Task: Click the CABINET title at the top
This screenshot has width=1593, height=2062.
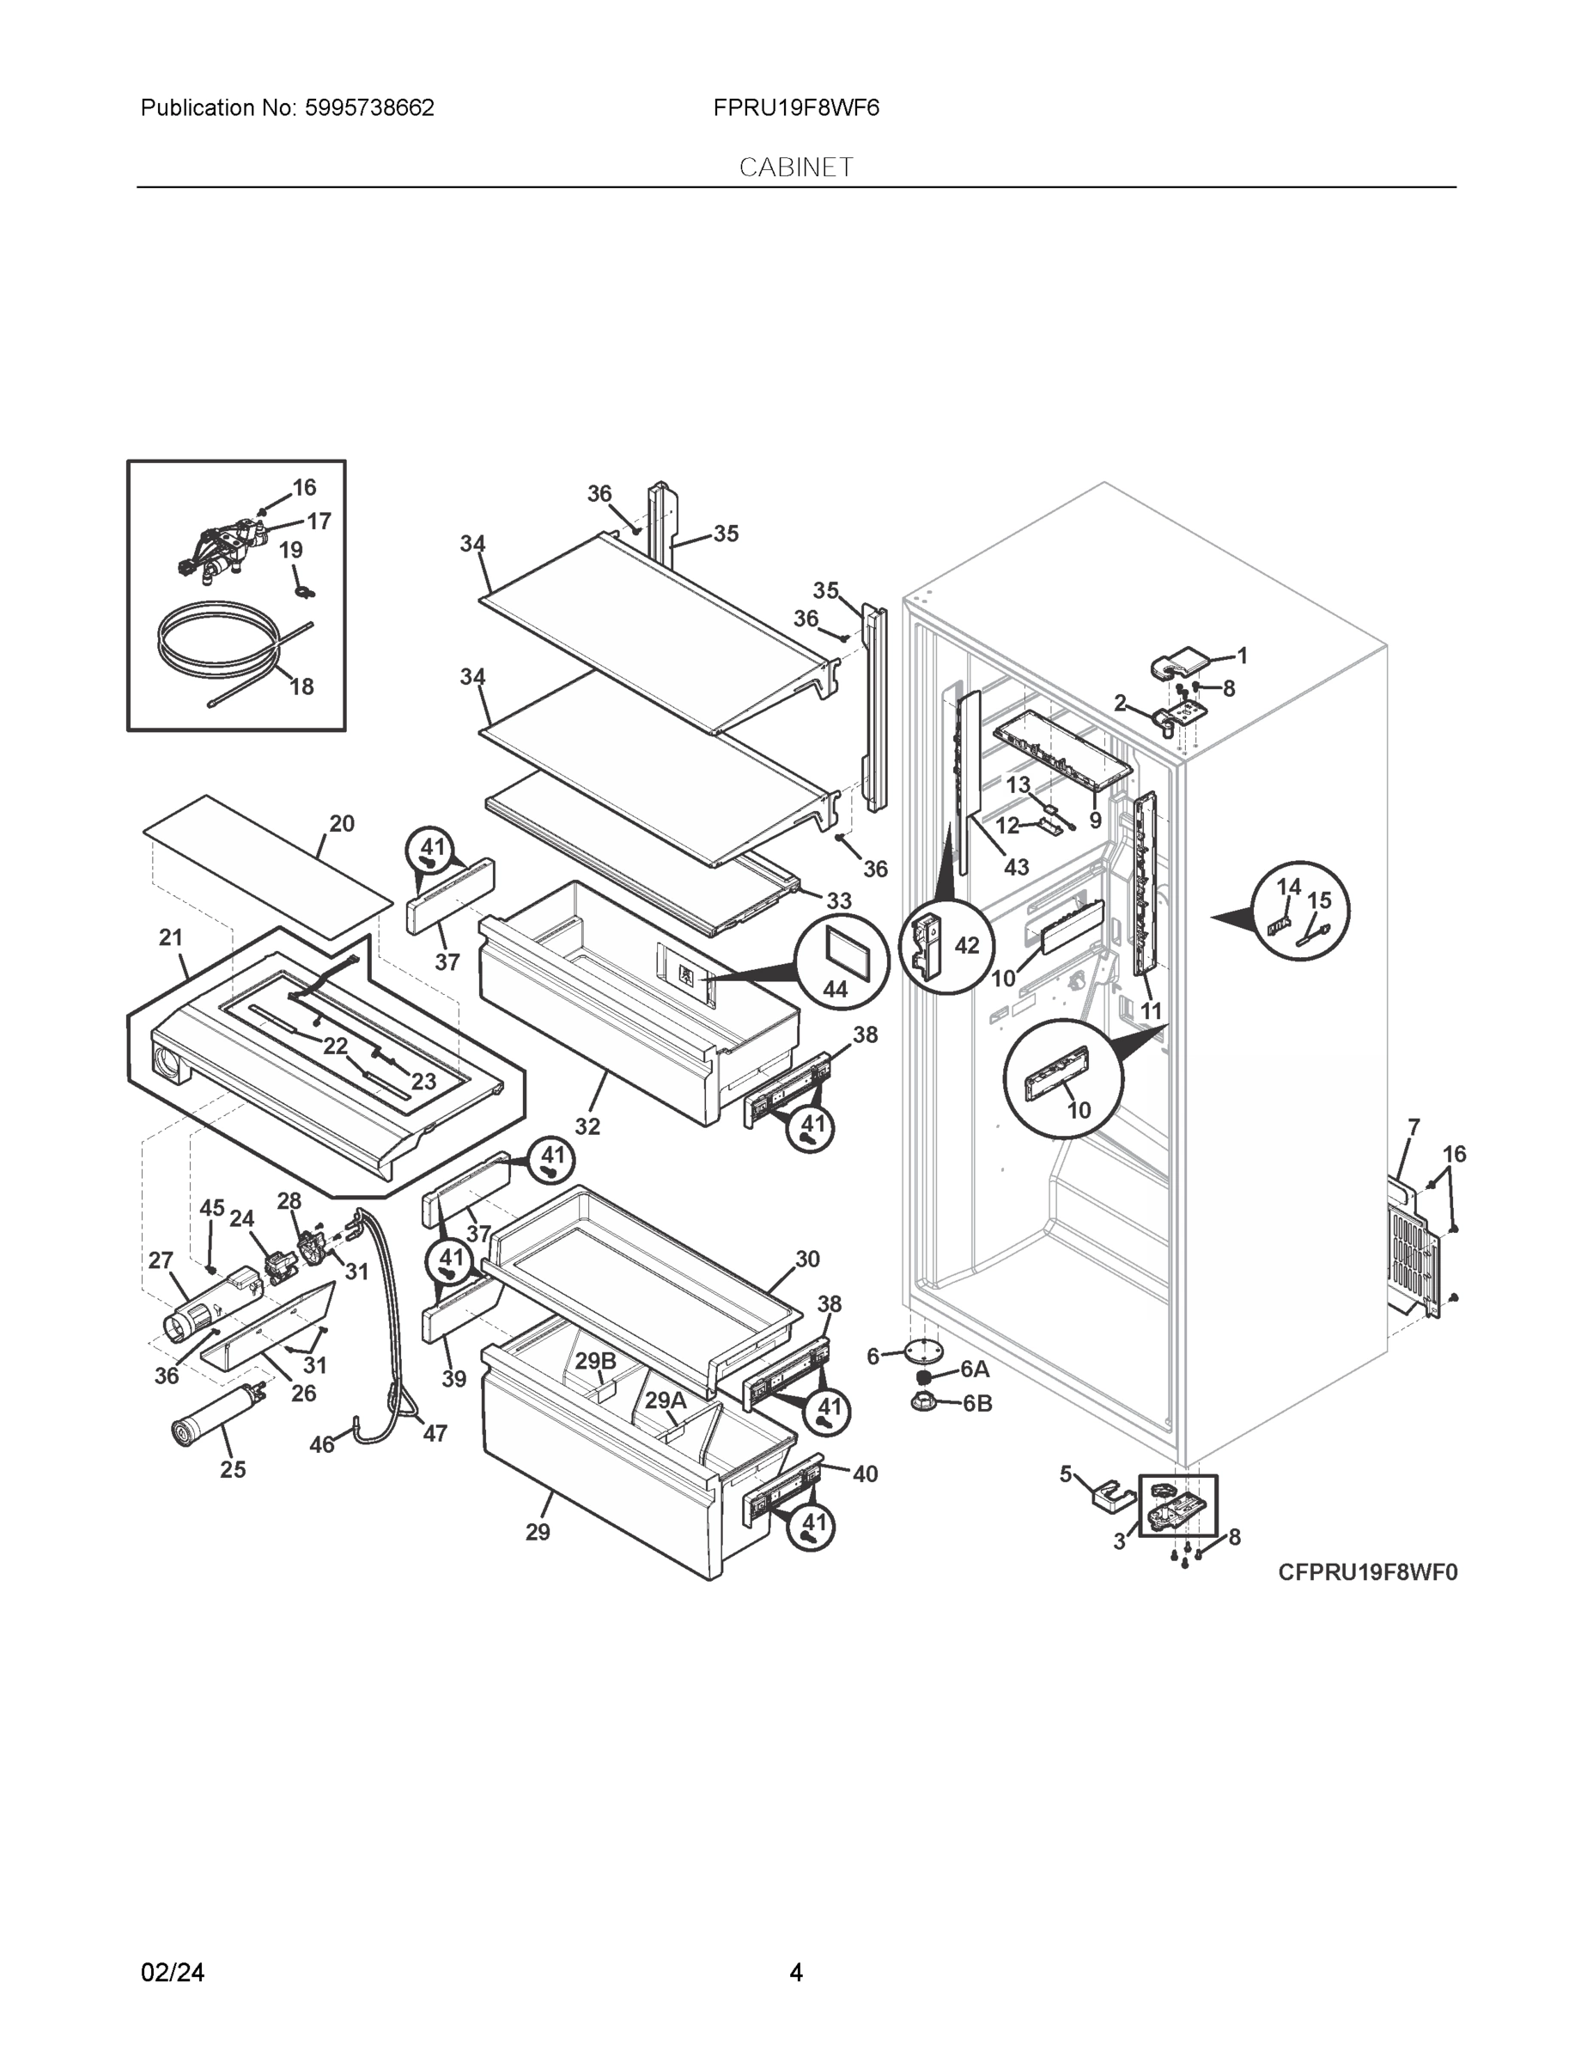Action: [795, 168]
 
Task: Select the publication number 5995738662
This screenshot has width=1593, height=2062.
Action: [369, 107]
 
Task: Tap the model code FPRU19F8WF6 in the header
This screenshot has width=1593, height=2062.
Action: [795, 107]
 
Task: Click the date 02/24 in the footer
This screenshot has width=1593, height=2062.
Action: [172, 1973]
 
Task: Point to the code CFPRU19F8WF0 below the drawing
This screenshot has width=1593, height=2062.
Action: [1367, 1572]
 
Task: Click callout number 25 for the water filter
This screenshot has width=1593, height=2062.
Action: [233, 1469]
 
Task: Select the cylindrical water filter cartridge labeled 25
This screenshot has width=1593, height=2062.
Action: [210, 1419]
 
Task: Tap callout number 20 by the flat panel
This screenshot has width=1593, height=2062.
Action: [342, 823]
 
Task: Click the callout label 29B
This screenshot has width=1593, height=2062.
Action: [595, 1361]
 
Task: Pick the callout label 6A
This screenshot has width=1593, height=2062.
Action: [975, 1369]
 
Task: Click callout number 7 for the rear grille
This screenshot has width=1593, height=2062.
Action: [1414, 1127]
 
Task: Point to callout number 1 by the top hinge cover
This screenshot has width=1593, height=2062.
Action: [1242, 656]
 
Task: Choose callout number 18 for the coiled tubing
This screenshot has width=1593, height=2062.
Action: [302, 686]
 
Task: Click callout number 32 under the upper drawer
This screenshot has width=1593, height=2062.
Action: [587, 1126]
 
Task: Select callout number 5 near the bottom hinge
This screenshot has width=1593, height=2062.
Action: [1067, 1473]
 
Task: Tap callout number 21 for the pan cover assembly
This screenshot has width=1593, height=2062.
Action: [171, 937]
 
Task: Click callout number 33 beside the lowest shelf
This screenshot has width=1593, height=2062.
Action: [838, 900]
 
